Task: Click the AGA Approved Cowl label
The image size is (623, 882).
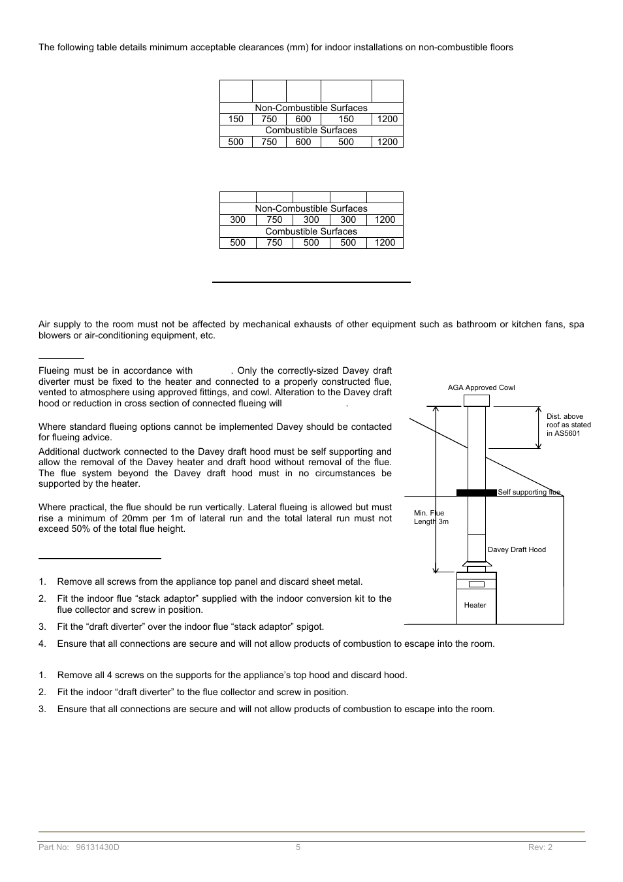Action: pos(481,387)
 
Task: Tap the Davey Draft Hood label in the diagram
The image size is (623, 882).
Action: pos(516,549)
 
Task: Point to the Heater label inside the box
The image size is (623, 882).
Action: pos(475,605)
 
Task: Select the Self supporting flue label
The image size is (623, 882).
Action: pos(528,492)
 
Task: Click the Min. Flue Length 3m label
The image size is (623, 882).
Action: pos(430,517)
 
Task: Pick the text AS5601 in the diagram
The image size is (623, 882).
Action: pos(564,433)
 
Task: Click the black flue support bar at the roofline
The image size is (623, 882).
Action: pos(476,493)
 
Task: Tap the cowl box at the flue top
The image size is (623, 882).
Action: pos(476,400)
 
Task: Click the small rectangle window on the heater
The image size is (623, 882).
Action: pos(476,584)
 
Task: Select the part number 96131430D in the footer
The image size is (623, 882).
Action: pos(98,847)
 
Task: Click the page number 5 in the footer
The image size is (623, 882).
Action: pos(298,847)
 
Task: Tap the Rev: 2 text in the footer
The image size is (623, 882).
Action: pos(540,847)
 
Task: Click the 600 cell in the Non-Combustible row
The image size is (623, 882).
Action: pos(303,119)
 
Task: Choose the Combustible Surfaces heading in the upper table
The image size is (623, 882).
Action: pos(311,130)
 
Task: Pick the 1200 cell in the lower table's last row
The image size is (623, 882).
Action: pos(385,242)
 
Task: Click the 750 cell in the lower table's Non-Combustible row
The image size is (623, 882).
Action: pos(274,220)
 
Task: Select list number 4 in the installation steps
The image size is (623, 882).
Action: pos(42,644)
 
